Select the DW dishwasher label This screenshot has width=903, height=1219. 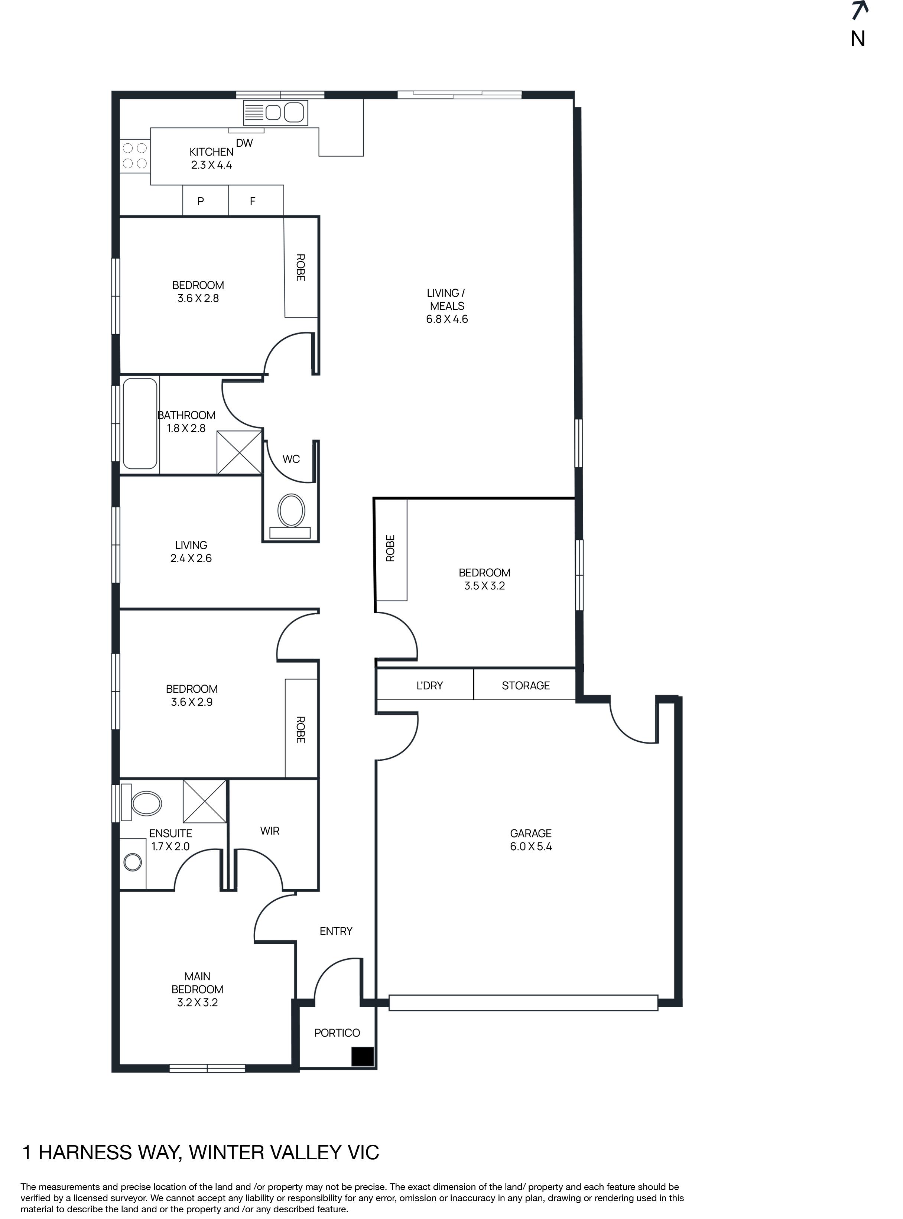point(244,143)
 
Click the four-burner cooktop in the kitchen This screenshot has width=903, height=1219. point(134,155)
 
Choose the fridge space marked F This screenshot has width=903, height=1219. point(253,201)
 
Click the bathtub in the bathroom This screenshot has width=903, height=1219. point(140,424)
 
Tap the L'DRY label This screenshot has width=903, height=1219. point(430,686)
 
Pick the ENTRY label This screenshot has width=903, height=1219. point(336,931)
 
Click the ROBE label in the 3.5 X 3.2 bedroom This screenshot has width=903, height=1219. point(390,548)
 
